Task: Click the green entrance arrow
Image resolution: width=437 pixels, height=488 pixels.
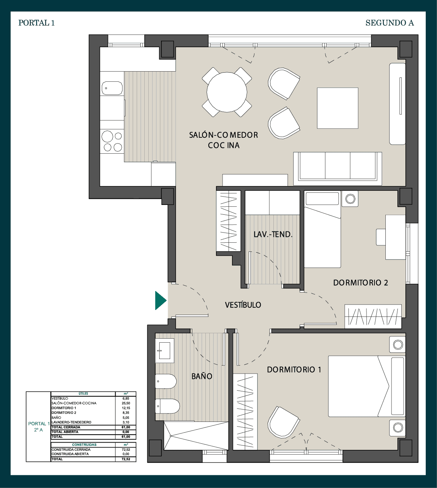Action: pos(160,301)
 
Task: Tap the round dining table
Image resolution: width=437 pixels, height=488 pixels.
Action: pos(227,92)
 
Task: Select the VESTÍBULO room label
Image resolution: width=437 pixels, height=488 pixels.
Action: pos(243,305)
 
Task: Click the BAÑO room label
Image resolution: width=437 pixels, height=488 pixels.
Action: pos(202,376)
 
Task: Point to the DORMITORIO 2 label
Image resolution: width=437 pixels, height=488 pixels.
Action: pos(361,283)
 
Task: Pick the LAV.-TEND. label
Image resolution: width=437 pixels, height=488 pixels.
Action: pos(273,234)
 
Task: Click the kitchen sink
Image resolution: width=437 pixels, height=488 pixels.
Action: pos(112,88)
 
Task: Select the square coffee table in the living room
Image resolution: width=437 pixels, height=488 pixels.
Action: pos(337,108)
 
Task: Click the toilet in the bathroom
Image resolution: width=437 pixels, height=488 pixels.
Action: pos(167,406)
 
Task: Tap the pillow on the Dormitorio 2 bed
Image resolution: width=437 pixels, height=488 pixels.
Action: pos(322,198)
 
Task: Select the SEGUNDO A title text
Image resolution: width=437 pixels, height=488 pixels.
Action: pos(389,23)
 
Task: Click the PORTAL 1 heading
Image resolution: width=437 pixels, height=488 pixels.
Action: pos(36,23)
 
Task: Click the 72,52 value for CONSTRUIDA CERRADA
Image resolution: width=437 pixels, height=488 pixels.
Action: pos(126,449)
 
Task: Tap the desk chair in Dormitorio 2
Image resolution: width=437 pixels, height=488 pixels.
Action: pos(381,237)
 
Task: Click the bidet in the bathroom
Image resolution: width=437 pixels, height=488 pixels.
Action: pos(166,381)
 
